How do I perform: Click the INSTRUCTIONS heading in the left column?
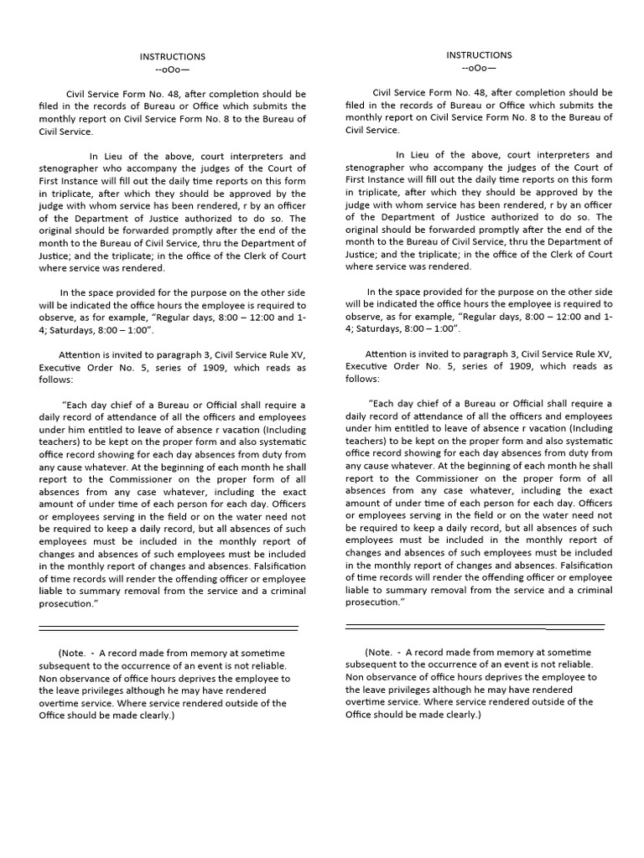point(172,57)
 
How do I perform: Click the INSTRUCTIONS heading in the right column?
point(478,55)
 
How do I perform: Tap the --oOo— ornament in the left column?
point(172,70)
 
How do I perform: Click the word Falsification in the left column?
point(274,566)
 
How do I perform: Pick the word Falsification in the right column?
point(580,565)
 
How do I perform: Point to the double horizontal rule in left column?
point(168,628)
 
